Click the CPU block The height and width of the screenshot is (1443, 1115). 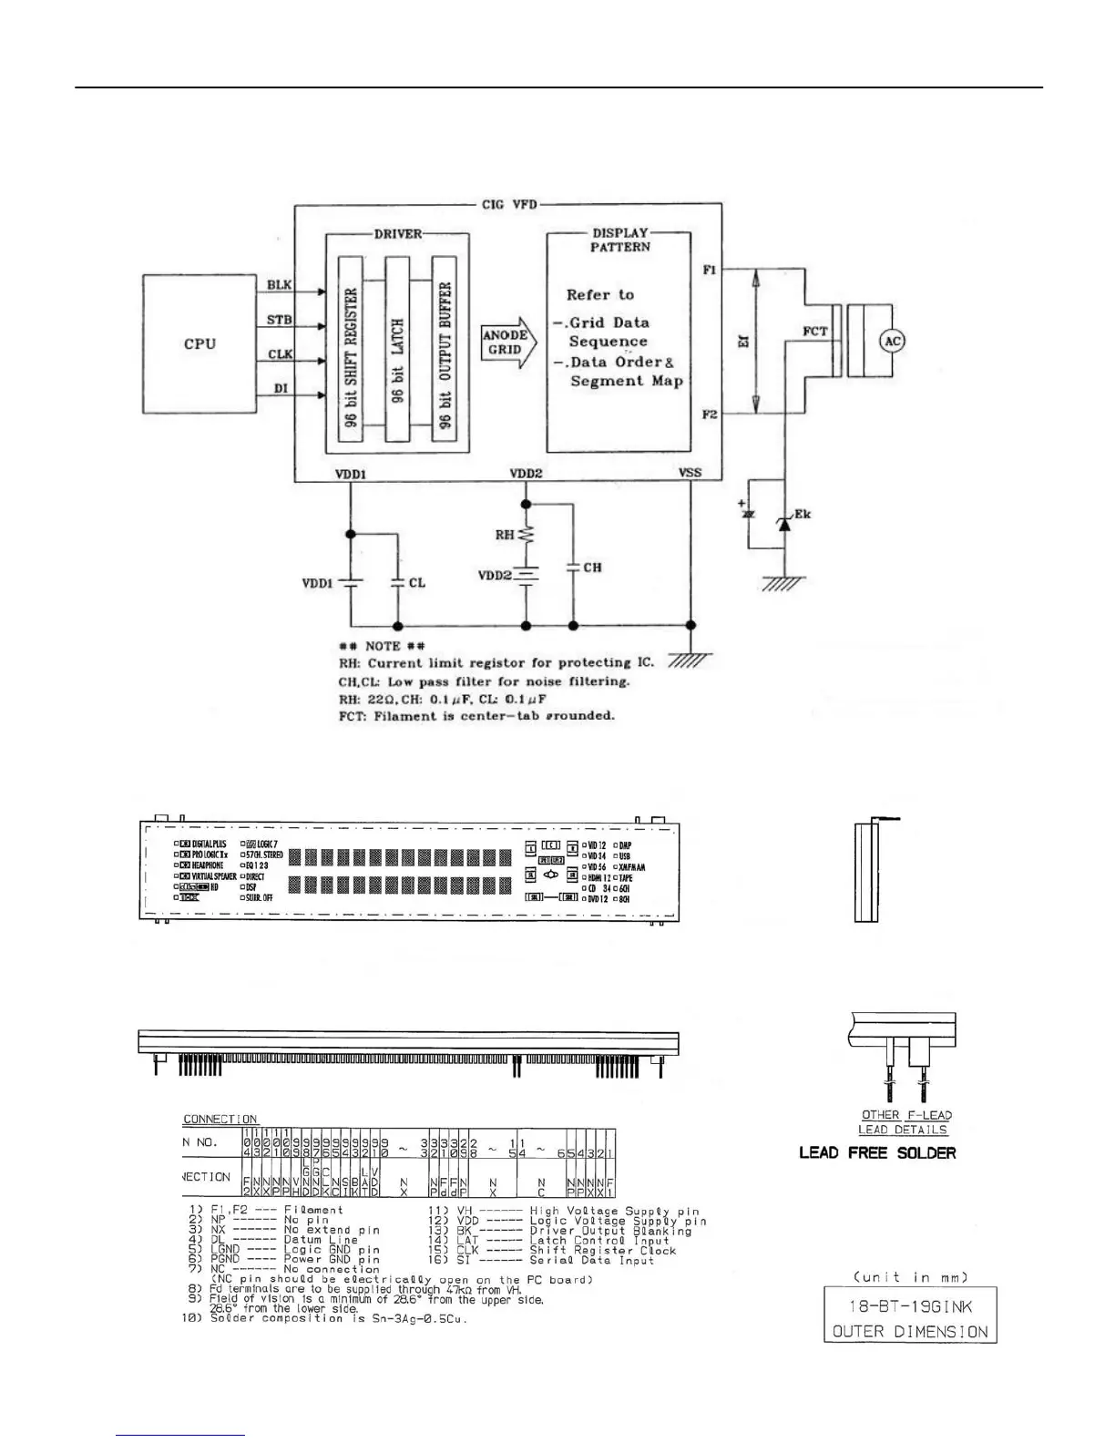point(199,344)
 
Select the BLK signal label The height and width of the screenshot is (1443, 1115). point(279,285)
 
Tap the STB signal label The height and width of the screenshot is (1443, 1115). point(279,320)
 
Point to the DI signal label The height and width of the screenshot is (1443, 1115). point(281,388)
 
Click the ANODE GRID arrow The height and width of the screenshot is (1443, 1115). point(508,343)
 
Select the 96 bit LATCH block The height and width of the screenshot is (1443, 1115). point(397,349)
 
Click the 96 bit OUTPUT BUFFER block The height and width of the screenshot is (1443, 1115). point(445,349)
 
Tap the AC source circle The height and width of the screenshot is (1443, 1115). point(893,341)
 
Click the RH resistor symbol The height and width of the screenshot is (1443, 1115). point(526,536)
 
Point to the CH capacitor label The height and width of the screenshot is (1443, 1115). point(592,568)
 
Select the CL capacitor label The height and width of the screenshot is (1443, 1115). point(416,582)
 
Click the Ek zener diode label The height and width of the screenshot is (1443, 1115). point(802,515)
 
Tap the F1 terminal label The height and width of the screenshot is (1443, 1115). point(711,271)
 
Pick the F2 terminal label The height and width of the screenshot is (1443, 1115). point(711,414)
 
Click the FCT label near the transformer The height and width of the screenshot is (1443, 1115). point(815,331)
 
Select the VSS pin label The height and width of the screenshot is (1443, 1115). point(690,473)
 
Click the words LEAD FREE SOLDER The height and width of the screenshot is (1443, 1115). point(877,1152)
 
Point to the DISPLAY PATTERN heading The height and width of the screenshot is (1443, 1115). point(619,240)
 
